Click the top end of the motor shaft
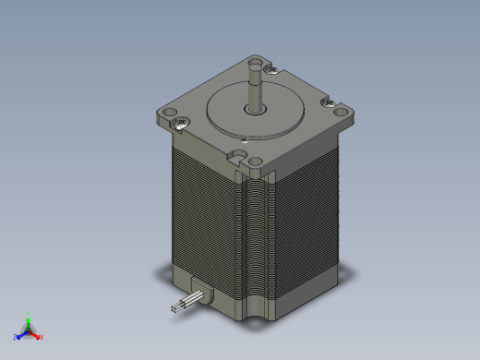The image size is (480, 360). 253,63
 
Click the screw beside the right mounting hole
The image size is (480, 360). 328,102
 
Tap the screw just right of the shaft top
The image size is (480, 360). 270,67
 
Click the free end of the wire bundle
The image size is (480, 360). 174,310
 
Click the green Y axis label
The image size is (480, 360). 30,312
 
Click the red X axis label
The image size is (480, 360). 42,337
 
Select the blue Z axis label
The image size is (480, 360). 16,337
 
